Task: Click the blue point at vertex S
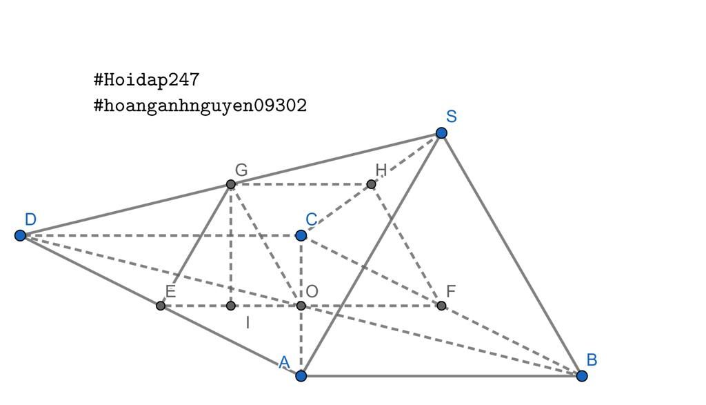pos(441,133)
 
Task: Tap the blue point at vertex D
pos(20,235)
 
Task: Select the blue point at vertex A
pos(301,375)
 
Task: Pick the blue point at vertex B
pos(582,375)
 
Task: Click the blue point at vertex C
pos(301,235)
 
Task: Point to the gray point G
pos(230,184)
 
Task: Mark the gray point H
pos(371,184)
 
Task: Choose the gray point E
pos(160,306)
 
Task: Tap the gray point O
pos(301,306)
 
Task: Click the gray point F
pos(441,306)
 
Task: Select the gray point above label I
pos(230,306)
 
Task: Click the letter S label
pos(452,117)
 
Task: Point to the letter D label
pos(30,219)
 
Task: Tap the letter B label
pos(592,359)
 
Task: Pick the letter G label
pos(241,170)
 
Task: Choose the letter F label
pos(451,291)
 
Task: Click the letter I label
pos(248,323)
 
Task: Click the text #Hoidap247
pos(146,80)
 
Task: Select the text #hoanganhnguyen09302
pos(200,106)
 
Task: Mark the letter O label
pos(312,291)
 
